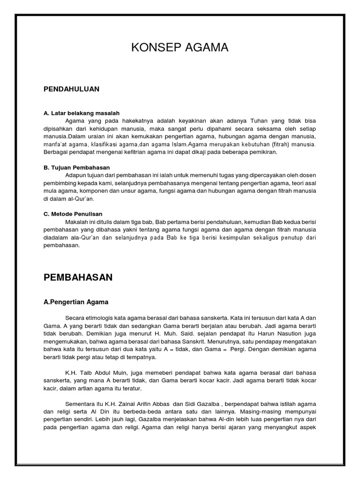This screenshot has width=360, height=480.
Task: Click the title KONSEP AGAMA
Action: tap(180, 47)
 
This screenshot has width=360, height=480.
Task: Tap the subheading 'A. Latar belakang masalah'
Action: tap(82, 113)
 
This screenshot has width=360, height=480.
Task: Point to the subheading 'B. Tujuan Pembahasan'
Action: tap(76, 167)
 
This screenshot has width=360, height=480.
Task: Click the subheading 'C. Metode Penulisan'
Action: tap(73, 214)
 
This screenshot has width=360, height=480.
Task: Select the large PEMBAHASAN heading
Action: tap(78, 277)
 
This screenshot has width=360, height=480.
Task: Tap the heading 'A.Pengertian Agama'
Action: tap(76, 302)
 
